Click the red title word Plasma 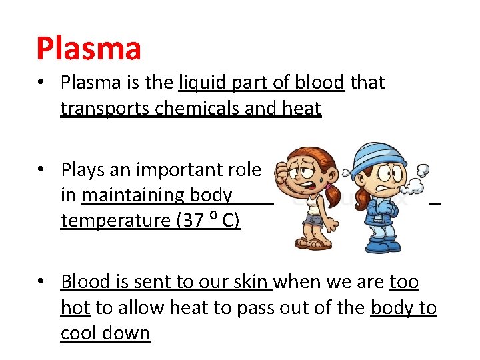click(89, 49)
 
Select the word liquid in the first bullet click(199, 83)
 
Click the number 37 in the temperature click(193, 221)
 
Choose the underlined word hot click(76, 308)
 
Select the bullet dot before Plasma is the click(41, 83)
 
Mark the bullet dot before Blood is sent click(41, 283)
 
